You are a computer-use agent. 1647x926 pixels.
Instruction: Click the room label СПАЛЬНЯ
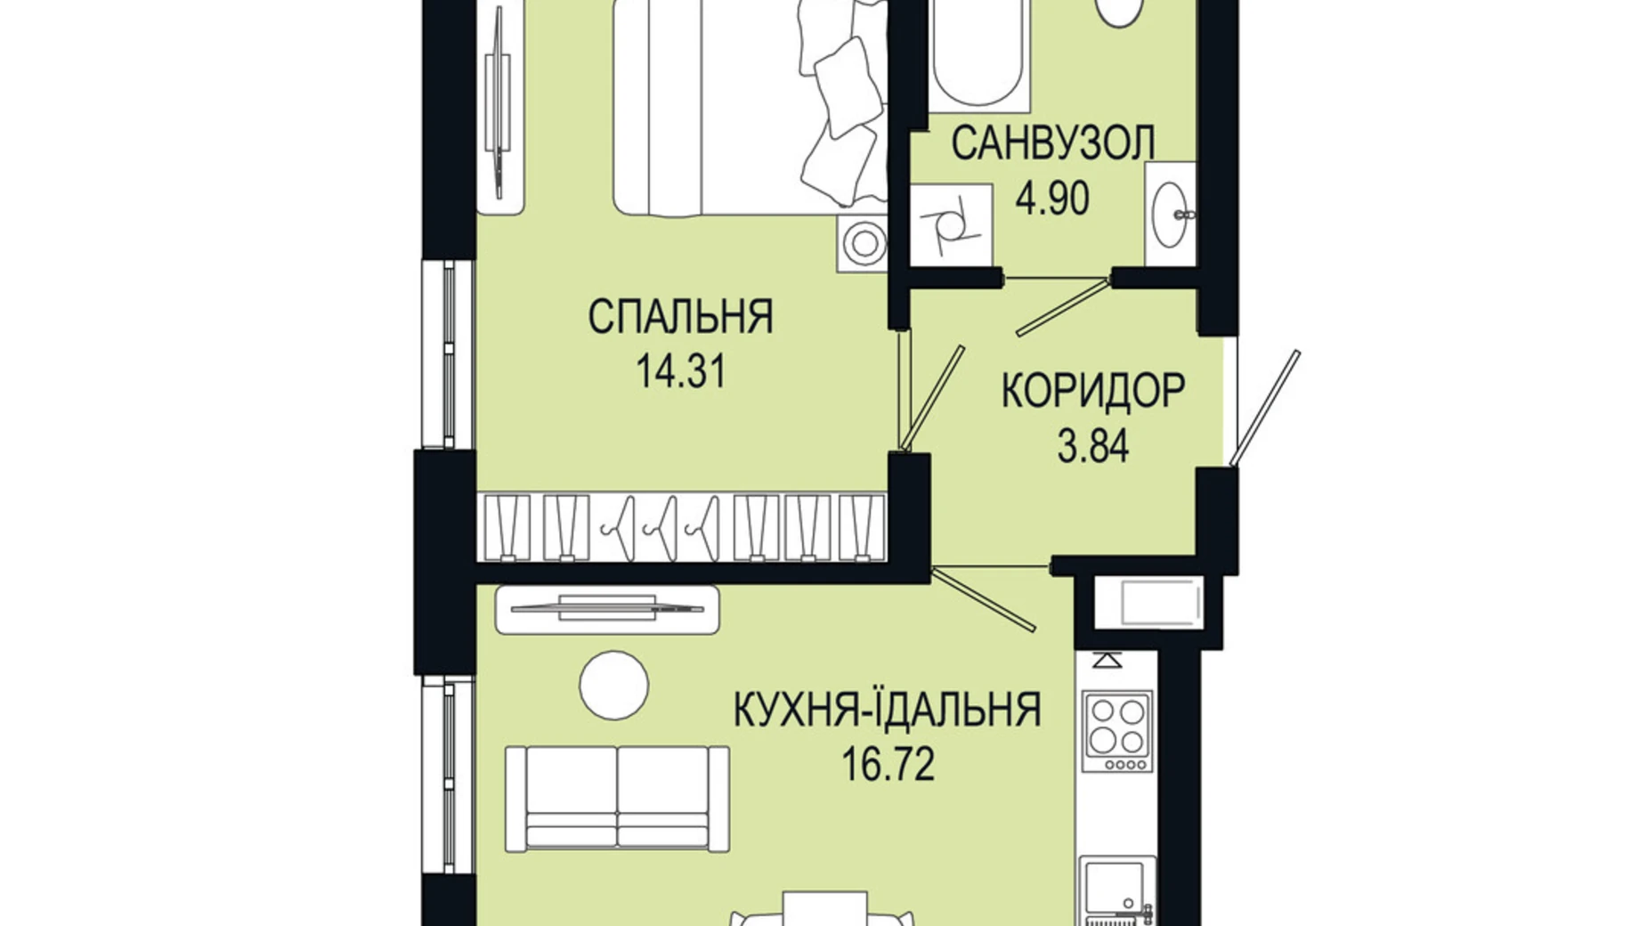coord(680,317)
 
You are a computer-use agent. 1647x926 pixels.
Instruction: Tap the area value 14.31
coord(681,371)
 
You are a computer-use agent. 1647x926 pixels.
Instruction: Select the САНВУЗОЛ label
coord(1053,143)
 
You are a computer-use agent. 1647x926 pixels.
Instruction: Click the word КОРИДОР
coord(1092,390)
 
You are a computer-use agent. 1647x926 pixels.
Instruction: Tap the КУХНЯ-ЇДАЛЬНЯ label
coord(887,710)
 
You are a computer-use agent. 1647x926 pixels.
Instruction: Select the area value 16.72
coord(888,764)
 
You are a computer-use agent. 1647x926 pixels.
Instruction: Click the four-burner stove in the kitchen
coord(1118,730)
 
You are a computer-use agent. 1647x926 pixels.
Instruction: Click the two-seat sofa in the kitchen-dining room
coord(617,798)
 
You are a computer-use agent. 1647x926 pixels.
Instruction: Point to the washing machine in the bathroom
coord(952,224)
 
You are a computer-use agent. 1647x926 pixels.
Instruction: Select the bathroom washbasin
coord(1170,215)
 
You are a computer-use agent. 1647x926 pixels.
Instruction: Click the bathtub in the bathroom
coord(979,53)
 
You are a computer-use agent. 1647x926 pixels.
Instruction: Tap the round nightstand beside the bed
coord(863,242)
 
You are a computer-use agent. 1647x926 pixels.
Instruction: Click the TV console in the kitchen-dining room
coord(606,609)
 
